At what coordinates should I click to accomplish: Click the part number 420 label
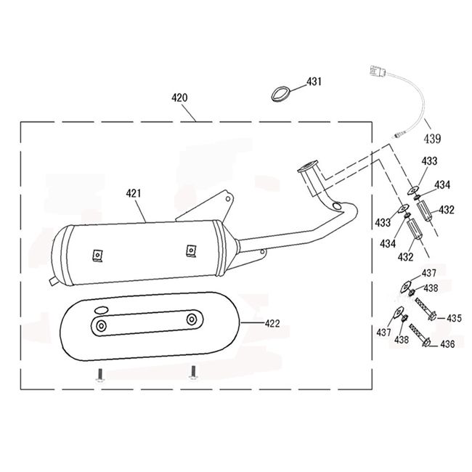point(179,98)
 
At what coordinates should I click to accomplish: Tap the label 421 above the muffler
point(134,193)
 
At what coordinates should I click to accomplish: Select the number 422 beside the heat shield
point(272,324)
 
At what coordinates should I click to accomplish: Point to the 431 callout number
point(314,81)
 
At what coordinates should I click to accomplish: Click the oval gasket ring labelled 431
point(280,94)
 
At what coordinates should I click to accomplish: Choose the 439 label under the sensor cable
point(432,139)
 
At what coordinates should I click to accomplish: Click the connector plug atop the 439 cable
point(378,72)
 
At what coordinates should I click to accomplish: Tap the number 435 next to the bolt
point(454,318)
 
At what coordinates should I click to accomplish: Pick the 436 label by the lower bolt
point(447,343)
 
